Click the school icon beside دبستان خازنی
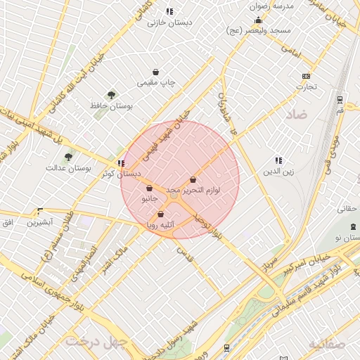[169, 11]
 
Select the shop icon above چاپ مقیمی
[155, 72]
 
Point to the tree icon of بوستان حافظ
[110, 94]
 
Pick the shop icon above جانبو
[149, 188]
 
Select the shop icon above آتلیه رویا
[161, 214]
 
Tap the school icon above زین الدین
[278, 160]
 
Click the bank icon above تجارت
[306, 76]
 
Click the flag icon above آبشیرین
[39, 211]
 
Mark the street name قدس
[184, 250]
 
